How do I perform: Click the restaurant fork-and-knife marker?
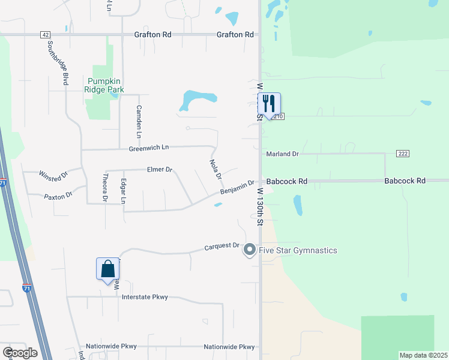pyautogui.click(x=269, y=104)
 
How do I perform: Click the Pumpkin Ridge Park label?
pyautogui.click(x=106, y=85)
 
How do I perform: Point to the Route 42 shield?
pyautogui.click(x=46, y=35)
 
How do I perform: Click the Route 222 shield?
pyautogui.click(x=402, y=154)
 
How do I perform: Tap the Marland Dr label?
pyautogui.click(x=283, y=154)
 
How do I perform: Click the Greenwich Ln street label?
pyautogui.click(x=148, y=148)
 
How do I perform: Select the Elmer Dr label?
pyautogui.click(x=160, y=170)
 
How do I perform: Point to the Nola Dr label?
pyautogui.click(x=216, y=169)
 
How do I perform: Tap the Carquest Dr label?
pyautogui.click(x=221, y=246)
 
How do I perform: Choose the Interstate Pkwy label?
pyautogui.click(x=145, y=297)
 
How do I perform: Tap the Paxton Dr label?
pyautogui.click(x=58, y=196)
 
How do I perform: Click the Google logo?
pyautogui.click(x=20, y=353)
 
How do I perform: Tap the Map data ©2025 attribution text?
pyautogui.click(x=424, y=355)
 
